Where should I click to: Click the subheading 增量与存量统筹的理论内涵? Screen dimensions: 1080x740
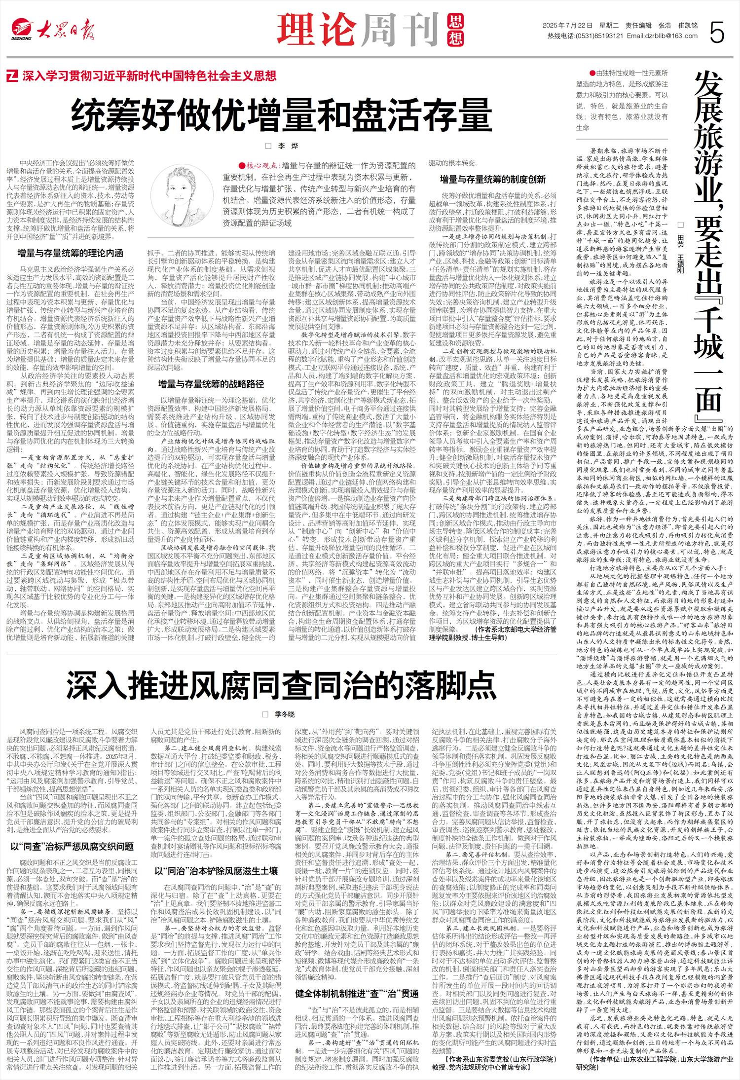point(70,253)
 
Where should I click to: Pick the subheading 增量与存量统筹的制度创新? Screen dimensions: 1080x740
point(493,180)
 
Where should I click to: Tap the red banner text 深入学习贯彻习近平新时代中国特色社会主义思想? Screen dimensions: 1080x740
point(148,76)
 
